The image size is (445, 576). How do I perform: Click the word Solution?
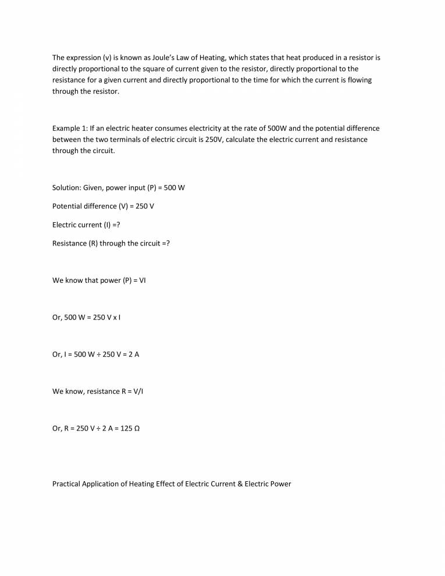click(67, 188)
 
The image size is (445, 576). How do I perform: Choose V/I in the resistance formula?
click(137, 391)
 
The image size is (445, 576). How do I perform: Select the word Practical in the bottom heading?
click(67, 483)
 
